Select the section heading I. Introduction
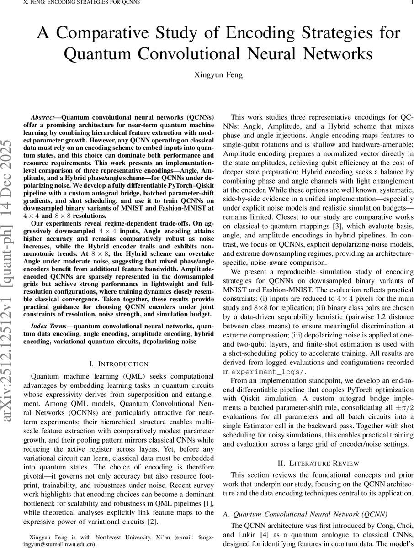point(119,364)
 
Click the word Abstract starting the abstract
point(42,117)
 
